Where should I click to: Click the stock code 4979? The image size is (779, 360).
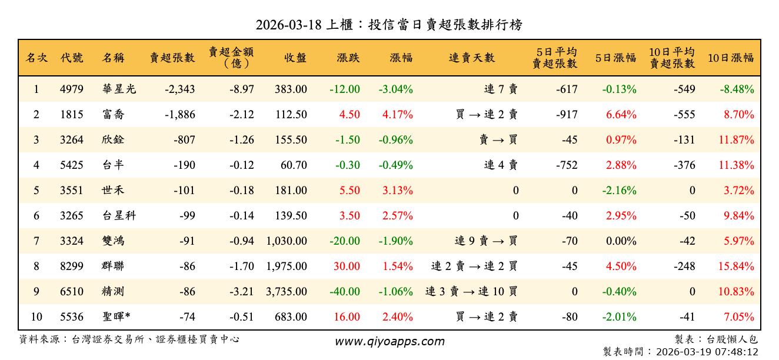pyautogui.click(x=72, y=89)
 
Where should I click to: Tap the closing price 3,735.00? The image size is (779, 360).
pyautogui.click(x=287, y=291)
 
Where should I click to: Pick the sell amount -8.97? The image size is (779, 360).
pyautogui.click(x=242, y=89)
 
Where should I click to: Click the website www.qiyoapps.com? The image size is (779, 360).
pyautogui.click(x=389, y=341)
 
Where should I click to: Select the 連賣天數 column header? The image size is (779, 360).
pyautogui.click(x=472, y=58)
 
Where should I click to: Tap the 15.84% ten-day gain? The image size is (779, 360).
pyautogui.click(x=736, y=266)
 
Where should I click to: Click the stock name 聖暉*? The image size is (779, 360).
pyautogui.click(x=116, y=317)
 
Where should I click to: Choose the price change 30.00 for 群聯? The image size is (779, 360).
pyautogui.click(x=347, y=266)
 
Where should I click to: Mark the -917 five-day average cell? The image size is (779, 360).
pyautogui.click(x=567, y=115)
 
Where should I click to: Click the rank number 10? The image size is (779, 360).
pyautogui.click(x=36, y=317)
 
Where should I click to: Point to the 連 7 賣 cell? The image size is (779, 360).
pyautogui.click(x=501, y=89)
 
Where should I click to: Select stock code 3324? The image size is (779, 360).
pyautogui.click(x=72, y=241)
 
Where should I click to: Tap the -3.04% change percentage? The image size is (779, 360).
pyautogui.click(x=395, y=89)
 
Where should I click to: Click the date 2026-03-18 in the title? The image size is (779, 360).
pyautogui.click(x=289, y=25)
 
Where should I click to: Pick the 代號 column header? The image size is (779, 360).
pyautogui.click(x=72, y=58)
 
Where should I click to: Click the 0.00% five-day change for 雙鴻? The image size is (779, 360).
pyautogui.click(x=621, y=241)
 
